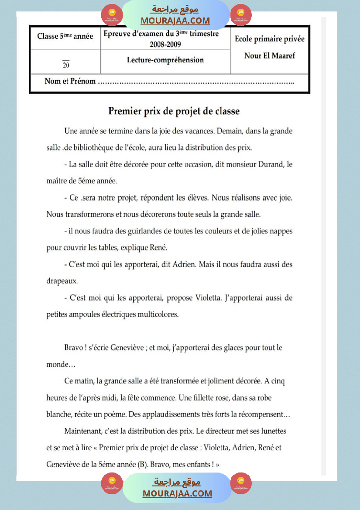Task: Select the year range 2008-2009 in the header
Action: [x=165, y=44]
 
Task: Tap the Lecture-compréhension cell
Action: [x=165, y=60]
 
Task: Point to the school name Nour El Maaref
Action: [x=269, y=55]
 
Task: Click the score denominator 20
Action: [x=65, y=66]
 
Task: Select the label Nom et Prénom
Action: [x=70, y=81]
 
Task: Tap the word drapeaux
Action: [x=62, y=281]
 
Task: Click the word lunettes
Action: [x=273, y=431]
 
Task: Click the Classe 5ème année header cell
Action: [x=65, y=36]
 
